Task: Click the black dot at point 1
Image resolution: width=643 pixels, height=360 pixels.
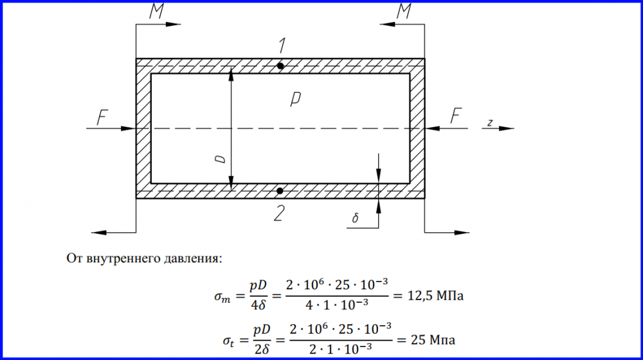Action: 280,66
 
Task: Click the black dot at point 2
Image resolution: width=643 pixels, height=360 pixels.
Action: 280,191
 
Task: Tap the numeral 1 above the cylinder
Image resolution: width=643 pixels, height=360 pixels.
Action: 282,46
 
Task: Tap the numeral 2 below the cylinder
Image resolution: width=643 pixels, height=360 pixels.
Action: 279,213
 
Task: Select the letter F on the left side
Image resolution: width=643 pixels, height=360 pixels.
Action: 102,117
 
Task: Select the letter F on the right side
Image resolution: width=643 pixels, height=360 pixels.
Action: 456,116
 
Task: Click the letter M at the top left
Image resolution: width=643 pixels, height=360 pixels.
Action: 157,12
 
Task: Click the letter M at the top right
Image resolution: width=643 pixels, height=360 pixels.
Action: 404,12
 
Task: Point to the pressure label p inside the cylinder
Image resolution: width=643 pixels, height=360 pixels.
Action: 295,99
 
